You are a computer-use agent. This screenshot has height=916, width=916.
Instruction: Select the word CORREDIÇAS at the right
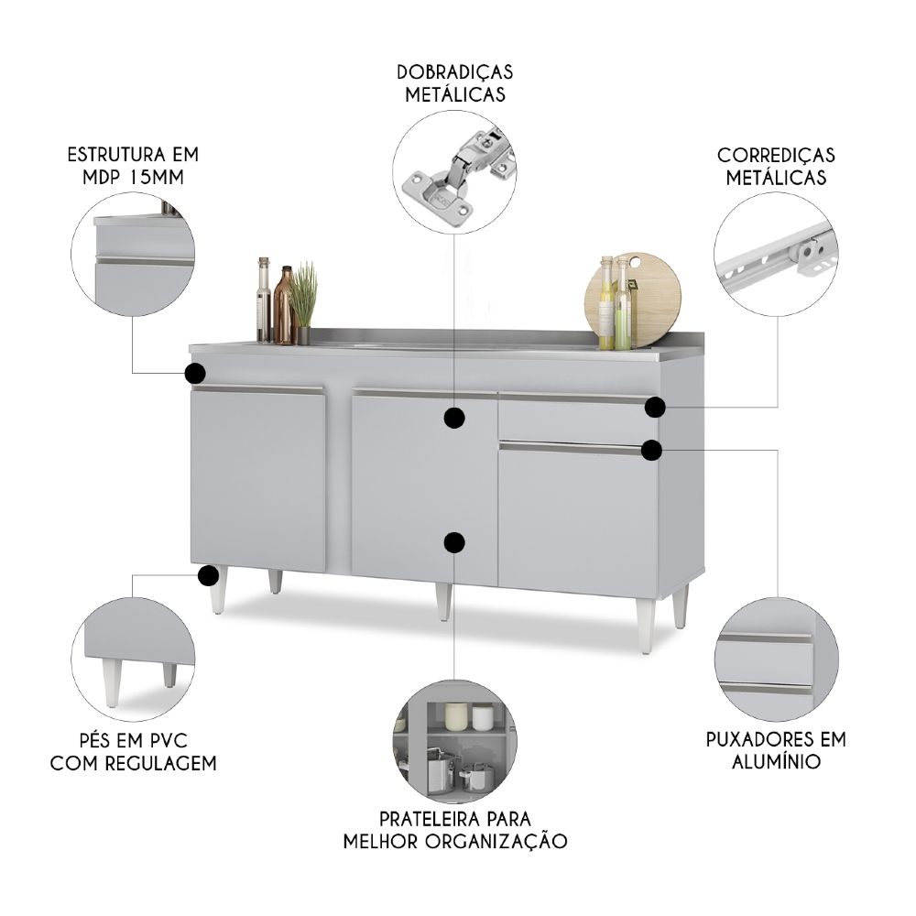tap(776, 156)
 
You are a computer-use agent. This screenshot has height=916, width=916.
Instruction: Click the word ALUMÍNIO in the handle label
tap(776, 761)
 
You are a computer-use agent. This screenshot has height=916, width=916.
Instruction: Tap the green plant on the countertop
tap(303, 291)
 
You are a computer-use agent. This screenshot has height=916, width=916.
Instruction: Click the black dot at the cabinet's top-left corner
tap(194, 373)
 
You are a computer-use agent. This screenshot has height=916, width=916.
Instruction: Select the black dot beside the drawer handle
tap(655, 407)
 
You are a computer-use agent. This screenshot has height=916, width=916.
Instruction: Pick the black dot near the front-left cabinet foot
tap(209, 576)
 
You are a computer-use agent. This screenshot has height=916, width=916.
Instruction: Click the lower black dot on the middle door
tap(453, 542)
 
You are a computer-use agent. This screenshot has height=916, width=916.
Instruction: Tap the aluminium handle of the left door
tap(258, 390)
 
